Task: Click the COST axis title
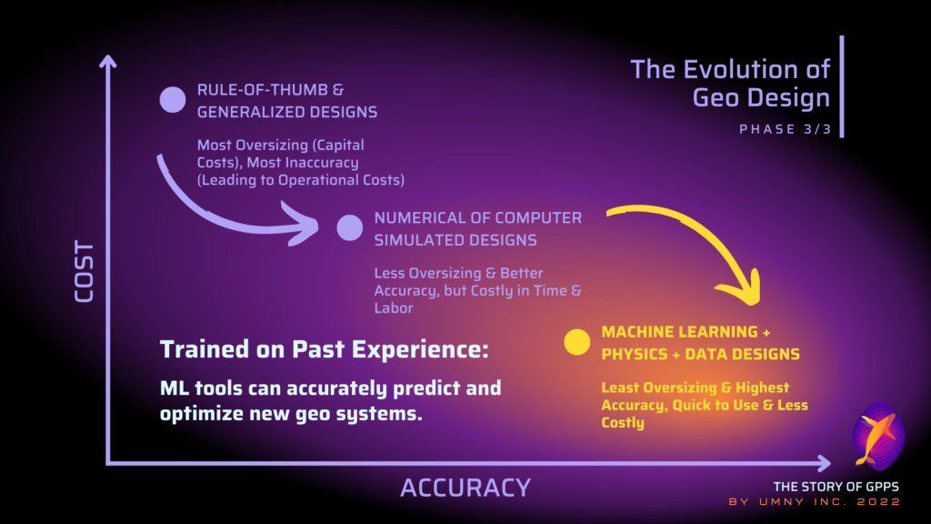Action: pyautogui.click(x=85, y=271)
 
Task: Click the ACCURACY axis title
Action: pyautogui.click(x=465, y=489)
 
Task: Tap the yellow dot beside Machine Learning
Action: pyautogui.click(x=576, y=342)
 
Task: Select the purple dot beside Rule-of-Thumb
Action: pyautogui.click(x=173, y=99)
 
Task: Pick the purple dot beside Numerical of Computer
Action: pyautogui.click(x=350, y=227)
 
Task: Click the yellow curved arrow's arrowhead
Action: pyautogui.click(x=742, y=288)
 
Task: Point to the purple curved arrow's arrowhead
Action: pyautogui.click(x=303, y=224)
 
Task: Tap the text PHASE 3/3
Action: pyautogui.click(x=785, y=129)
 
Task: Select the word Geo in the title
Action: pyautogui.click(x=716, y=97)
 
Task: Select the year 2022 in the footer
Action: pyautogui.click(x=879, y=502)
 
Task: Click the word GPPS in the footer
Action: pyautogui.click(x=882, y=487)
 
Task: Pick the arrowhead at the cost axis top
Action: pyautogui.click(x=107, y=62)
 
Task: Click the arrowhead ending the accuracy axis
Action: pyautogui.click(x=823, y=463)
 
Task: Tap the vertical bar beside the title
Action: pyautogui.click(x=842, y=86)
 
